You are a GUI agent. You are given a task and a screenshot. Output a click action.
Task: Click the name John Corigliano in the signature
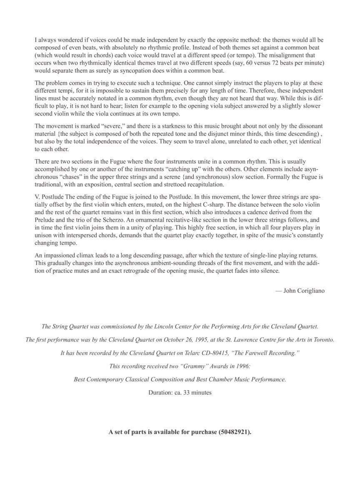click(304, 291)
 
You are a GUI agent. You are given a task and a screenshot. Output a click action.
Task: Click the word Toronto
click(323, 340)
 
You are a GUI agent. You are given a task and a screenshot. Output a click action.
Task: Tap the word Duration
click(159, 392)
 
